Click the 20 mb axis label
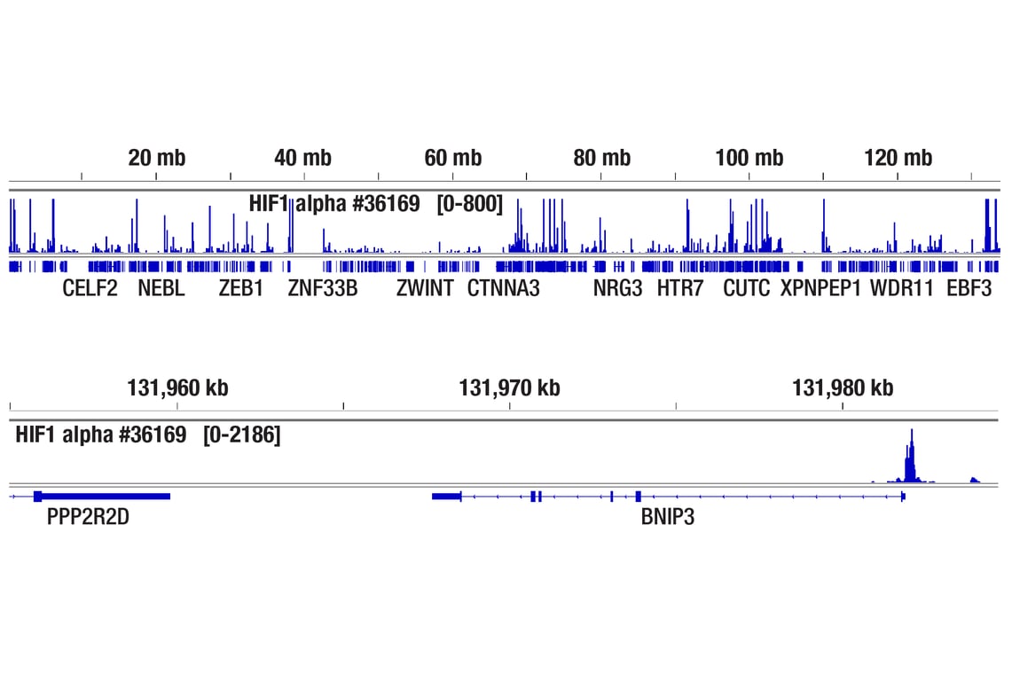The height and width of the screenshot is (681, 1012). [157, 159]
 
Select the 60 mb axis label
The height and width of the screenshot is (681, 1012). [453, 159]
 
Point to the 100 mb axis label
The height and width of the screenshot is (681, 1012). [749, 159]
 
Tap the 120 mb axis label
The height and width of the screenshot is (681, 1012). [898, 159]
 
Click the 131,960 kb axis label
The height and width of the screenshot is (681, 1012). [177, 387]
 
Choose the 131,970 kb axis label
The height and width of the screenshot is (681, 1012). [509, 387]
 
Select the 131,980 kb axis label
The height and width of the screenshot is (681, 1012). [843, 387]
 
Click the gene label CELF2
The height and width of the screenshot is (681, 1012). [90, 288]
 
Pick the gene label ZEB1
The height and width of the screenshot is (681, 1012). [241, 288]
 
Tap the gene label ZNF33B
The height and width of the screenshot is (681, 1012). [323, 288]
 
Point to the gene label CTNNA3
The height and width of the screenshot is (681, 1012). [503, 288]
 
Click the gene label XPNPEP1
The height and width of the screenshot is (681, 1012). [820, 288]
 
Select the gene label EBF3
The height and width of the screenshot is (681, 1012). [969, 288]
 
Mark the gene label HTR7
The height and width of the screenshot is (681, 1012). [680, 288]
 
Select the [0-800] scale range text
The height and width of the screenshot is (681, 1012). [470, 205]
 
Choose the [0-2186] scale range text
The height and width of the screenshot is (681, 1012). [241, 434]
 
